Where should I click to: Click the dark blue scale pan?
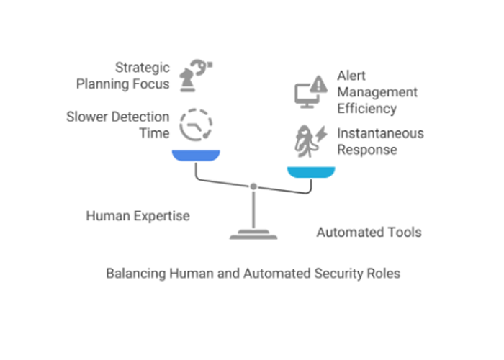tap(196, 156)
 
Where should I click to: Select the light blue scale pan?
tap(311, 171)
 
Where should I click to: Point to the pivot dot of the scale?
tap(253, 186)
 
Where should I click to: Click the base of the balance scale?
tap(253, 234)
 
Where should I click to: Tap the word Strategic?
tap(143, 68)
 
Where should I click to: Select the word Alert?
tap(352, 76)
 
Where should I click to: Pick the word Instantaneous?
tap(380, 133)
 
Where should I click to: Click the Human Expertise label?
tap(138, 215)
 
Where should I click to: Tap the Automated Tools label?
tap(369, 232)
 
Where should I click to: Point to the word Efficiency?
tap(367, 109)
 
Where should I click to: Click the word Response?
tap(366, 150)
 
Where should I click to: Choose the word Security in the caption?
tap(341, 274)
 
